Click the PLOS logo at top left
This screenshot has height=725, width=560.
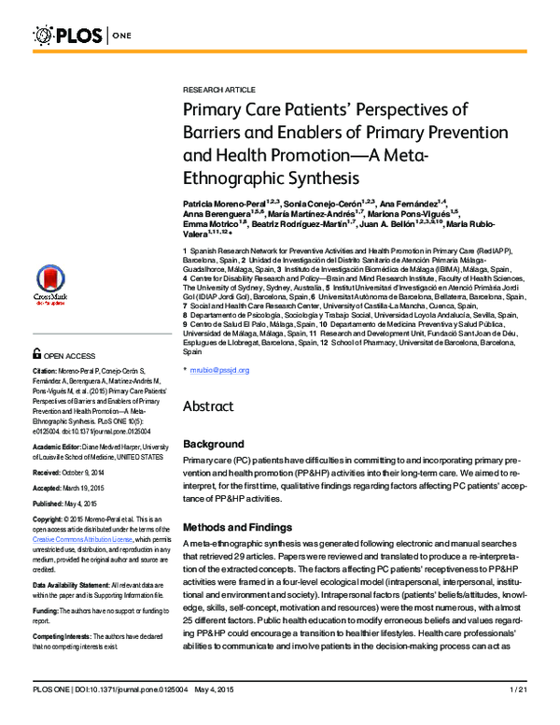70,36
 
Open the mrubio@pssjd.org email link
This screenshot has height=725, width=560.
221,370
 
